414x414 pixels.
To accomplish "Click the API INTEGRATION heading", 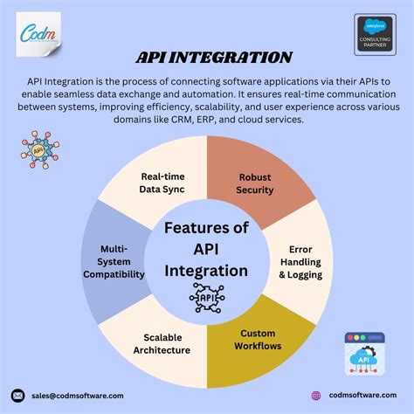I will pos(213,59).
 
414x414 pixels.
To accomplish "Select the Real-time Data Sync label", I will pos(162,183).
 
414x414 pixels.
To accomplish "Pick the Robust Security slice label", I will pos(256,183).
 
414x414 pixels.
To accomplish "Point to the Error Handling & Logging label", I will pos(300,261).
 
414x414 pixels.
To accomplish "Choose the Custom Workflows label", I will pos(258,339).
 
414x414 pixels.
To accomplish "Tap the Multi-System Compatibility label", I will pos(116,261).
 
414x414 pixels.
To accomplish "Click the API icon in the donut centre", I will pos(207,297).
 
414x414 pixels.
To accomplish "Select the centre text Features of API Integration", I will pos(207,248).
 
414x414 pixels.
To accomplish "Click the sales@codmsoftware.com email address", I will pos(78,396).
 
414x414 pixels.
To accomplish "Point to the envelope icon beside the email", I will pos(17,396).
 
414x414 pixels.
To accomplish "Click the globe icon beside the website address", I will pos(316,396).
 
